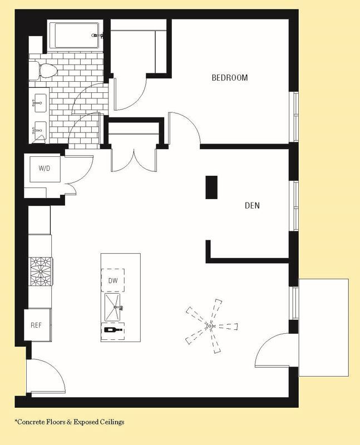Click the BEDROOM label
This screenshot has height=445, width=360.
pyautogui.click(x=229, y=78)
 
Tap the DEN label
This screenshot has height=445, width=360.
pyautogui.click(x=252, y=206)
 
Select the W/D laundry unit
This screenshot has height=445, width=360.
pyautogui.click(x=43, y=168)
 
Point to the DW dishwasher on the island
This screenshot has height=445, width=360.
pyautogui.click(x=112, y=281)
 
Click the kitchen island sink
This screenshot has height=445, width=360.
pyautogui.click(x=116, y=307)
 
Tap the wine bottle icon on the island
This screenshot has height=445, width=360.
pyautogui.click(x=113, y=330)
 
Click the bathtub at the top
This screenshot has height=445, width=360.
pyautogui.click(x=73, y=36)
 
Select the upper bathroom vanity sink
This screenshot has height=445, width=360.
pyautogui.click(x=39, y=102)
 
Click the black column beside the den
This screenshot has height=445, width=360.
pyautogui.click(x=211, y=187)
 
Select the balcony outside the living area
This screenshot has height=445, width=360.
pyautogui.click(x=324, y=327)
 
